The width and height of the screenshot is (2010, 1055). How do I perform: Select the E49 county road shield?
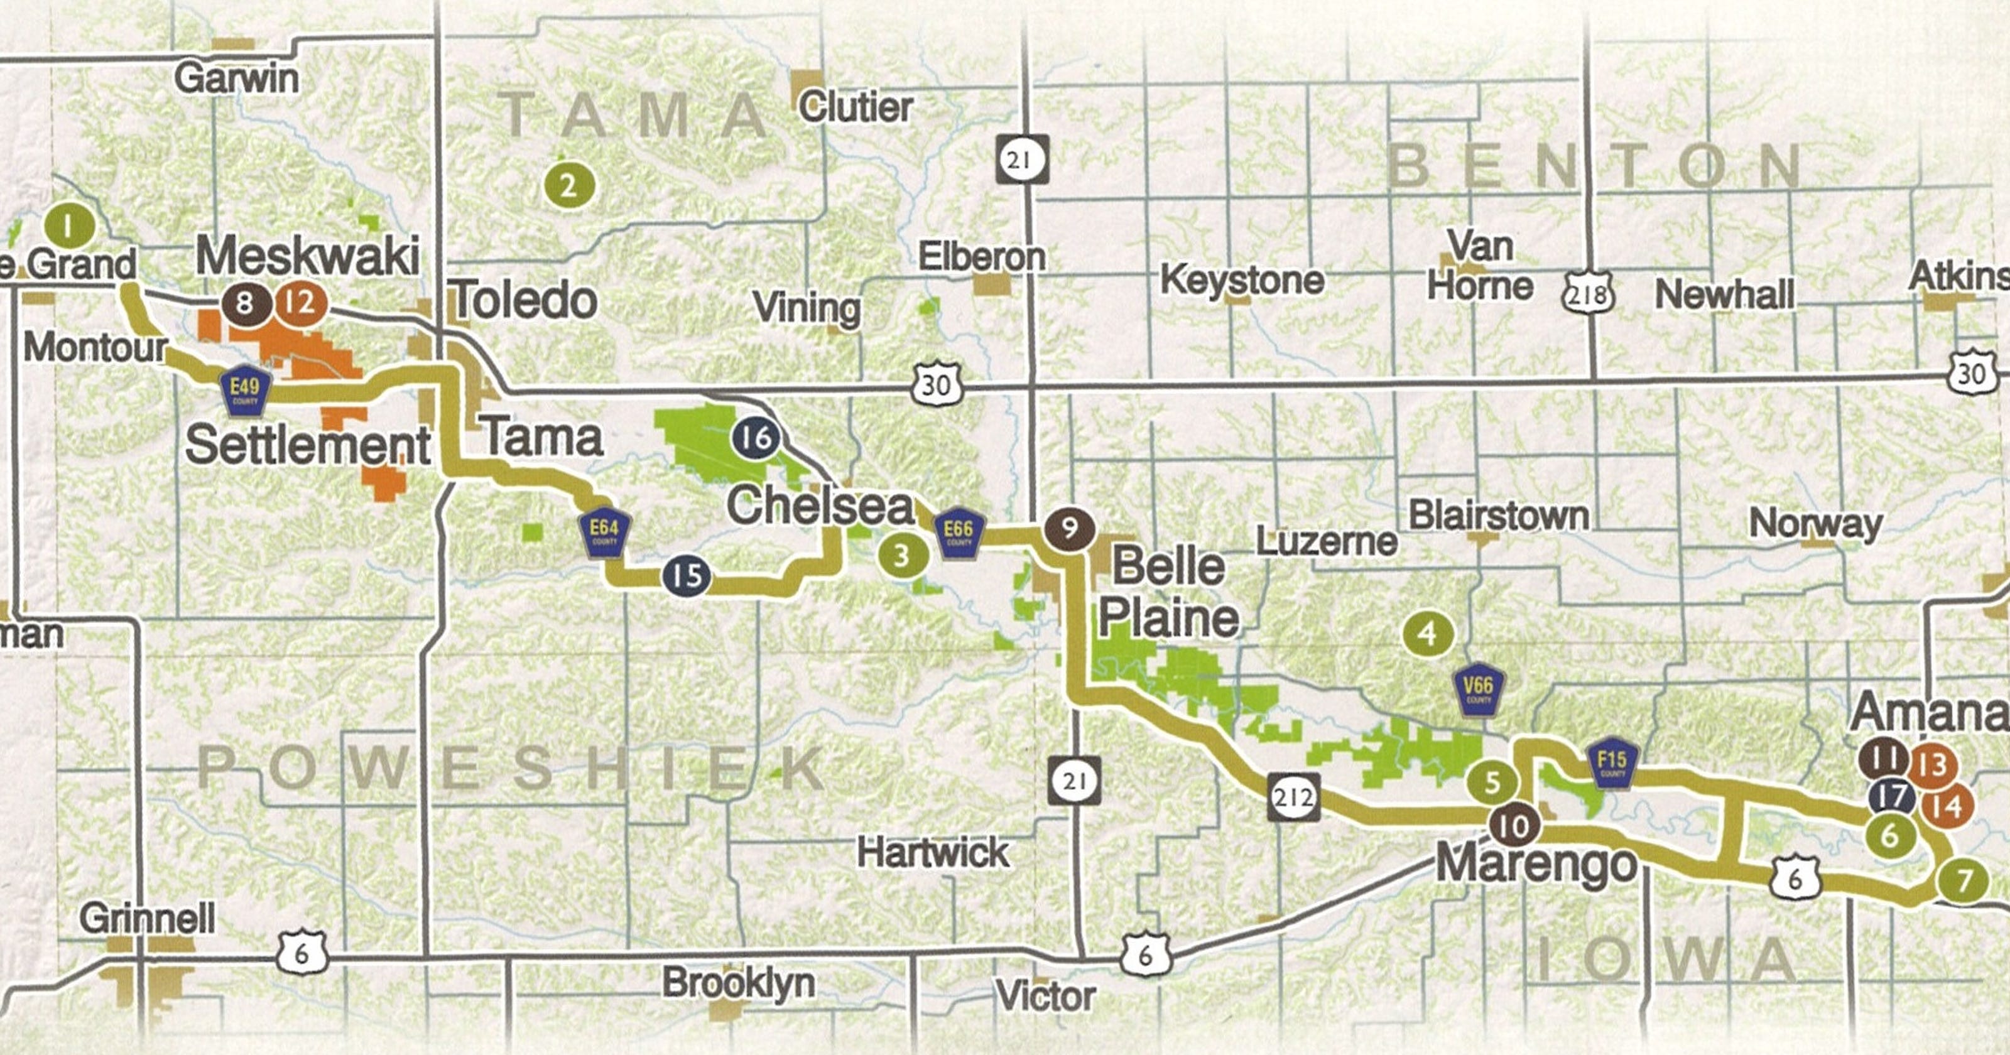point(245,392)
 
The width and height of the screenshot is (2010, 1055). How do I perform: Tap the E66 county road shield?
point(958,535)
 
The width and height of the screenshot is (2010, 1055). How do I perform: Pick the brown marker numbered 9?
point(1069,529)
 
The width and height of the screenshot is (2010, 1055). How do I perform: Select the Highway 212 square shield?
point(1293,797)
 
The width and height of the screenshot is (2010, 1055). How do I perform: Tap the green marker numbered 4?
point(1428,633)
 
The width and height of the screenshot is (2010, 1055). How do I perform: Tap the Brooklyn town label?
point(738,982)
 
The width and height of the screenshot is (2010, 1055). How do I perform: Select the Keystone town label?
point(1242,279)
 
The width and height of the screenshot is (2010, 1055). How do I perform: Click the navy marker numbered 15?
point(687,576)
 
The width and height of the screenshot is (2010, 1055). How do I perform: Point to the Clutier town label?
point(855,107)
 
